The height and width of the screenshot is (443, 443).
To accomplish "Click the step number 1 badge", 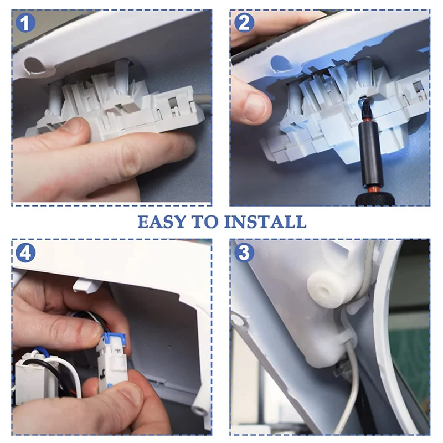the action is pos(25,23).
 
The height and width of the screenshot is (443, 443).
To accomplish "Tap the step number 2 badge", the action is pos(244,23).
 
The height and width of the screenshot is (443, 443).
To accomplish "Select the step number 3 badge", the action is pos(244,253).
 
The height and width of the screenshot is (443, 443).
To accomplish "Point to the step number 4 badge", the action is pos(25,253).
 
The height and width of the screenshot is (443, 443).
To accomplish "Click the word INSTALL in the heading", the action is pos(266,222).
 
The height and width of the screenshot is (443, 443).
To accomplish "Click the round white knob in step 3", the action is pos(325,292).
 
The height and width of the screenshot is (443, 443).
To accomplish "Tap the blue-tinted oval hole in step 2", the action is pos(281,64).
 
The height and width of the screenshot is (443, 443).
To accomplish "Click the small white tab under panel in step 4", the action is pos(86,285).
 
